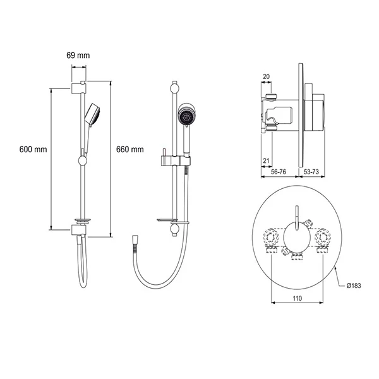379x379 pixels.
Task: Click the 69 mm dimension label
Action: (78, 56)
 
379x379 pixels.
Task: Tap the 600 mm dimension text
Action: (33, 149)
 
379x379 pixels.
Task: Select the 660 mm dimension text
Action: (129, 149)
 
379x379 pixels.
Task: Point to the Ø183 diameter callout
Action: (354, 286)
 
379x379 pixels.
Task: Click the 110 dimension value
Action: (298, 299)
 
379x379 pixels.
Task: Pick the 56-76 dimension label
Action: (279, 172)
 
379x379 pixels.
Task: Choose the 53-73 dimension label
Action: (311, 172)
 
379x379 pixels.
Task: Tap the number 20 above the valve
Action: (266, 76)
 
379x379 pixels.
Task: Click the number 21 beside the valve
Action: (266, 160)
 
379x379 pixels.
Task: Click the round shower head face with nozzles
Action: (186, 116)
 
